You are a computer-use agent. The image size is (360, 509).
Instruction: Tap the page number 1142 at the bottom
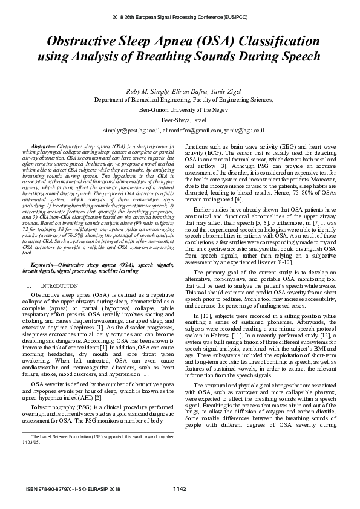180,488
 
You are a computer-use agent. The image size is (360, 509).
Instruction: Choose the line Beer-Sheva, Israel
180,120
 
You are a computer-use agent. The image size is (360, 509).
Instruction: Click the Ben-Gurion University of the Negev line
180,110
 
